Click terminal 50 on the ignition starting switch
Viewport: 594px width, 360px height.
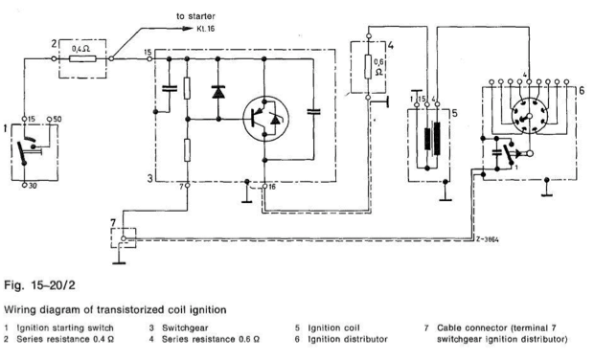pyautogui.click(x=57, y=120)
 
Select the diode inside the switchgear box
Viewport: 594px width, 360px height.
pyautogui.click(x=218, y=92)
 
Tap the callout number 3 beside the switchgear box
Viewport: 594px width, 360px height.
pyautogui.click(x=150, y=177)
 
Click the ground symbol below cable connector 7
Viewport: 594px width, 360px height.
pyautogui.click(x=117, y=256)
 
